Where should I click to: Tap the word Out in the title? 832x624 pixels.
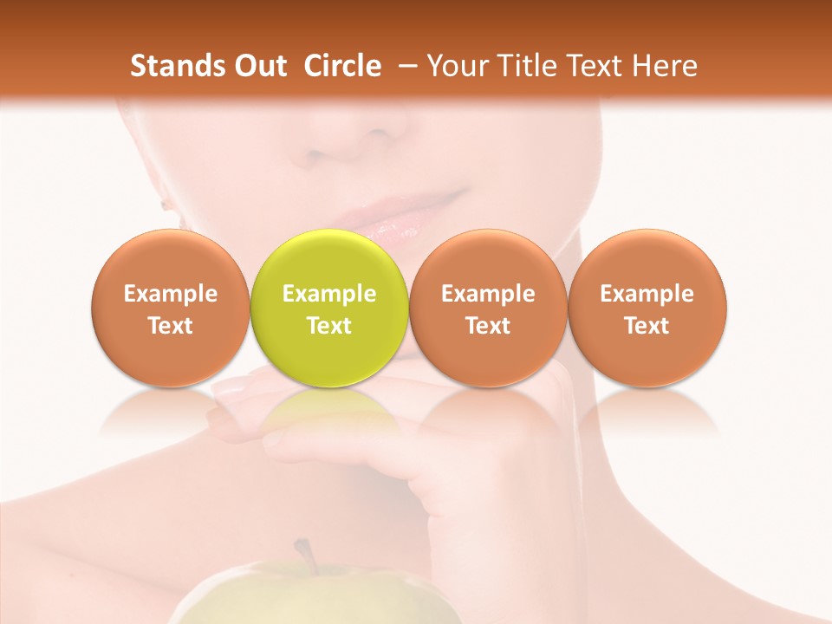258,66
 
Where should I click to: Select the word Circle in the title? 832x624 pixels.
342,66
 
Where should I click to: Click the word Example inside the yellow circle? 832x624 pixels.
329,294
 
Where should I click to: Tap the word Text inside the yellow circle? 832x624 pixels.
329,326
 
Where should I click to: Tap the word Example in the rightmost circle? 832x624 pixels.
647,294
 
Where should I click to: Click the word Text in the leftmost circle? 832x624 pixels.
170,326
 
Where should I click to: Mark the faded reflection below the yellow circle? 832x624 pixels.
329,412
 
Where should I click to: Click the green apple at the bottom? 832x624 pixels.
321,598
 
